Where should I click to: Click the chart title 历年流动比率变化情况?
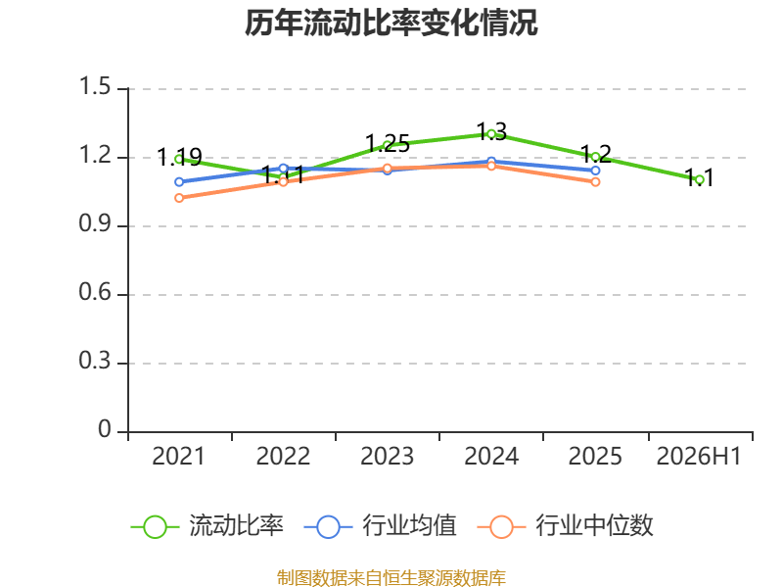pyautogui.click(x=391, y=23)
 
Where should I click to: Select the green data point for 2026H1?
pyautogui.click(x=699, y=179)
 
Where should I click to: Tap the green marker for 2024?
pyautogui.click(x=491, y=134)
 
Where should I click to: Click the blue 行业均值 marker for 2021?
pyautogui.click(x=179, y=182)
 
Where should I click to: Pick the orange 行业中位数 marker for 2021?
pyautogui.click(x=179, y=198)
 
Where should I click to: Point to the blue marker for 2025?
pyautogui.click(x=595, y=171)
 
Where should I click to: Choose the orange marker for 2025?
pyautogui.click(x=595, y=182)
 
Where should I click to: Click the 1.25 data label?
pyautogui.click(x=388, y=144)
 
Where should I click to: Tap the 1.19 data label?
pyautogui.click(x=179, y=158)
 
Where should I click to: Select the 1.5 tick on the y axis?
pyautogui.click(x=95, y=86)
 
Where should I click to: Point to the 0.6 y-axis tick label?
pyautogui.click(x=95, y=292)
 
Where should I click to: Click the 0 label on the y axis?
pyautogui.click(x=105, y=429)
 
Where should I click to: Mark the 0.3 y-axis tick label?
pyautogui.click(x=95, y=361)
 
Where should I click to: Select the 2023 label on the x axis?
pyautogui.click(x=387, y=456)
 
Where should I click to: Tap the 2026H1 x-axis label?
pyautogui.click(x=699, y=456)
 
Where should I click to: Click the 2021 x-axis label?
pyautogui.click(x=179, y=456)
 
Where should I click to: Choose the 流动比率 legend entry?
pyautogui.click(x=207, y=526)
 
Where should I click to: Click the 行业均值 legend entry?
pyautogui.click(x=381, y=526)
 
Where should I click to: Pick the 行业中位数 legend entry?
pyautogui.click(x=566, y=526)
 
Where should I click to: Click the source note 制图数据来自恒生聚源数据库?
pyautogui.click(x=391, y=578)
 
